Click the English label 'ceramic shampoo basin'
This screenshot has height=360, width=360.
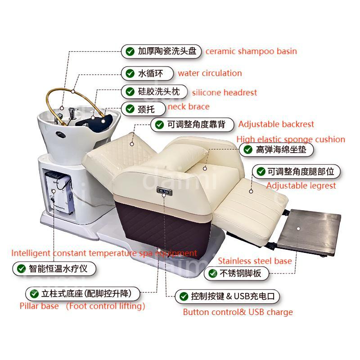click(x=251, y=51)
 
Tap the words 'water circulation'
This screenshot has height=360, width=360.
click(x=210, y=73)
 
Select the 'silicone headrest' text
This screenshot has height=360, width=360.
click(x=224, y=93)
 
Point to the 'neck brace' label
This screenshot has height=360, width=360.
click(x=189, y=107)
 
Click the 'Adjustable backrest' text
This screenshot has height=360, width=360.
click(x=276, y=124)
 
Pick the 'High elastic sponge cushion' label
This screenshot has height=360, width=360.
click(x=291, y=139)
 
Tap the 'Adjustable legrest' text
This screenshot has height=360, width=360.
click(x=301, y=185)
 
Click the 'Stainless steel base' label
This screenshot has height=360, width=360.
click(x=255, y=261)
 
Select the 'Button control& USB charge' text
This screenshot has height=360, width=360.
click(x=238, y=312)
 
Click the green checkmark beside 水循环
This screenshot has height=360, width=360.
click(x=130, y=73)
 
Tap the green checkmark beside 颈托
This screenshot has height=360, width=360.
click(x=130, y=108)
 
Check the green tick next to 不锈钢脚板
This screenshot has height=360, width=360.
click(x=212, y=273)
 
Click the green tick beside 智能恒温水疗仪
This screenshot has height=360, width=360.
click(x=21, y=268)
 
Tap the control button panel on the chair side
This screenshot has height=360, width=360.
click(x=164, y=191)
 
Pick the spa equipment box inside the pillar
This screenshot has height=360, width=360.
click(x=59, y=192)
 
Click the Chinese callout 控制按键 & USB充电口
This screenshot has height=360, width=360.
click(x=227, y=296)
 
